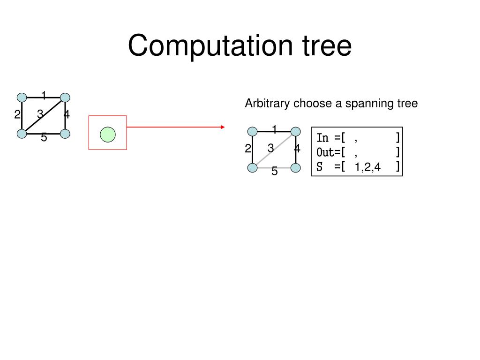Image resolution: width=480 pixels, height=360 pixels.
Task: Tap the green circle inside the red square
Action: coord(108,134)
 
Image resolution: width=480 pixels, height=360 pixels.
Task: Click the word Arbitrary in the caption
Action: coord(268,103)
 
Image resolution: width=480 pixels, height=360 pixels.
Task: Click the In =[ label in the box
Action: coord(330,138)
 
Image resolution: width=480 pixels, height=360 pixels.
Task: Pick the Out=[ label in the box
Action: coord(330,152)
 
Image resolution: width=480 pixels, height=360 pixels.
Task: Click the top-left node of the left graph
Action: coord(22,97)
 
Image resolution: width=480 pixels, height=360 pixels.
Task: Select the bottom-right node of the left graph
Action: coord(65,134)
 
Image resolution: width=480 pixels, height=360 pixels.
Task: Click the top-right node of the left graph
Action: coord(65,97)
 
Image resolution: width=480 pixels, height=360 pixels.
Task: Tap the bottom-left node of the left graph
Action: coord(22,134)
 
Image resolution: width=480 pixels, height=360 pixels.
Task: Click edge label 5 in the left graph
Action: coord(44,138)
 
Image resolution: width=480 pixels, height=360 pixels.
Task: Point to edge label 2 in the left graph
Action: coord(17,114)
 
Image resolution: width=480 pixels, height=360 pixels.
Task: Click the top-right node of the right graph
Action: coord(295,132)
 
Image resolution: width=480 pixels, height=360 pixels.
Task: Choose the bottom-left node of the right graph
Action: coord(253,168)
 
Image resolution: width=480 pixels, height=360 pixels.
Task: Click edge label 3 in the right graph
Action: coord(271,149)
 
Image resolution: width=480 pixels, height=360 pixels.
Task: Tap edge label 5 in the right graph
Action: coord(275,172)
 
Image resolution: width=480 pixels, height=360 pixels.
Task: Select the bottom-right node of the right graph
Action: coord(295,168)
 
